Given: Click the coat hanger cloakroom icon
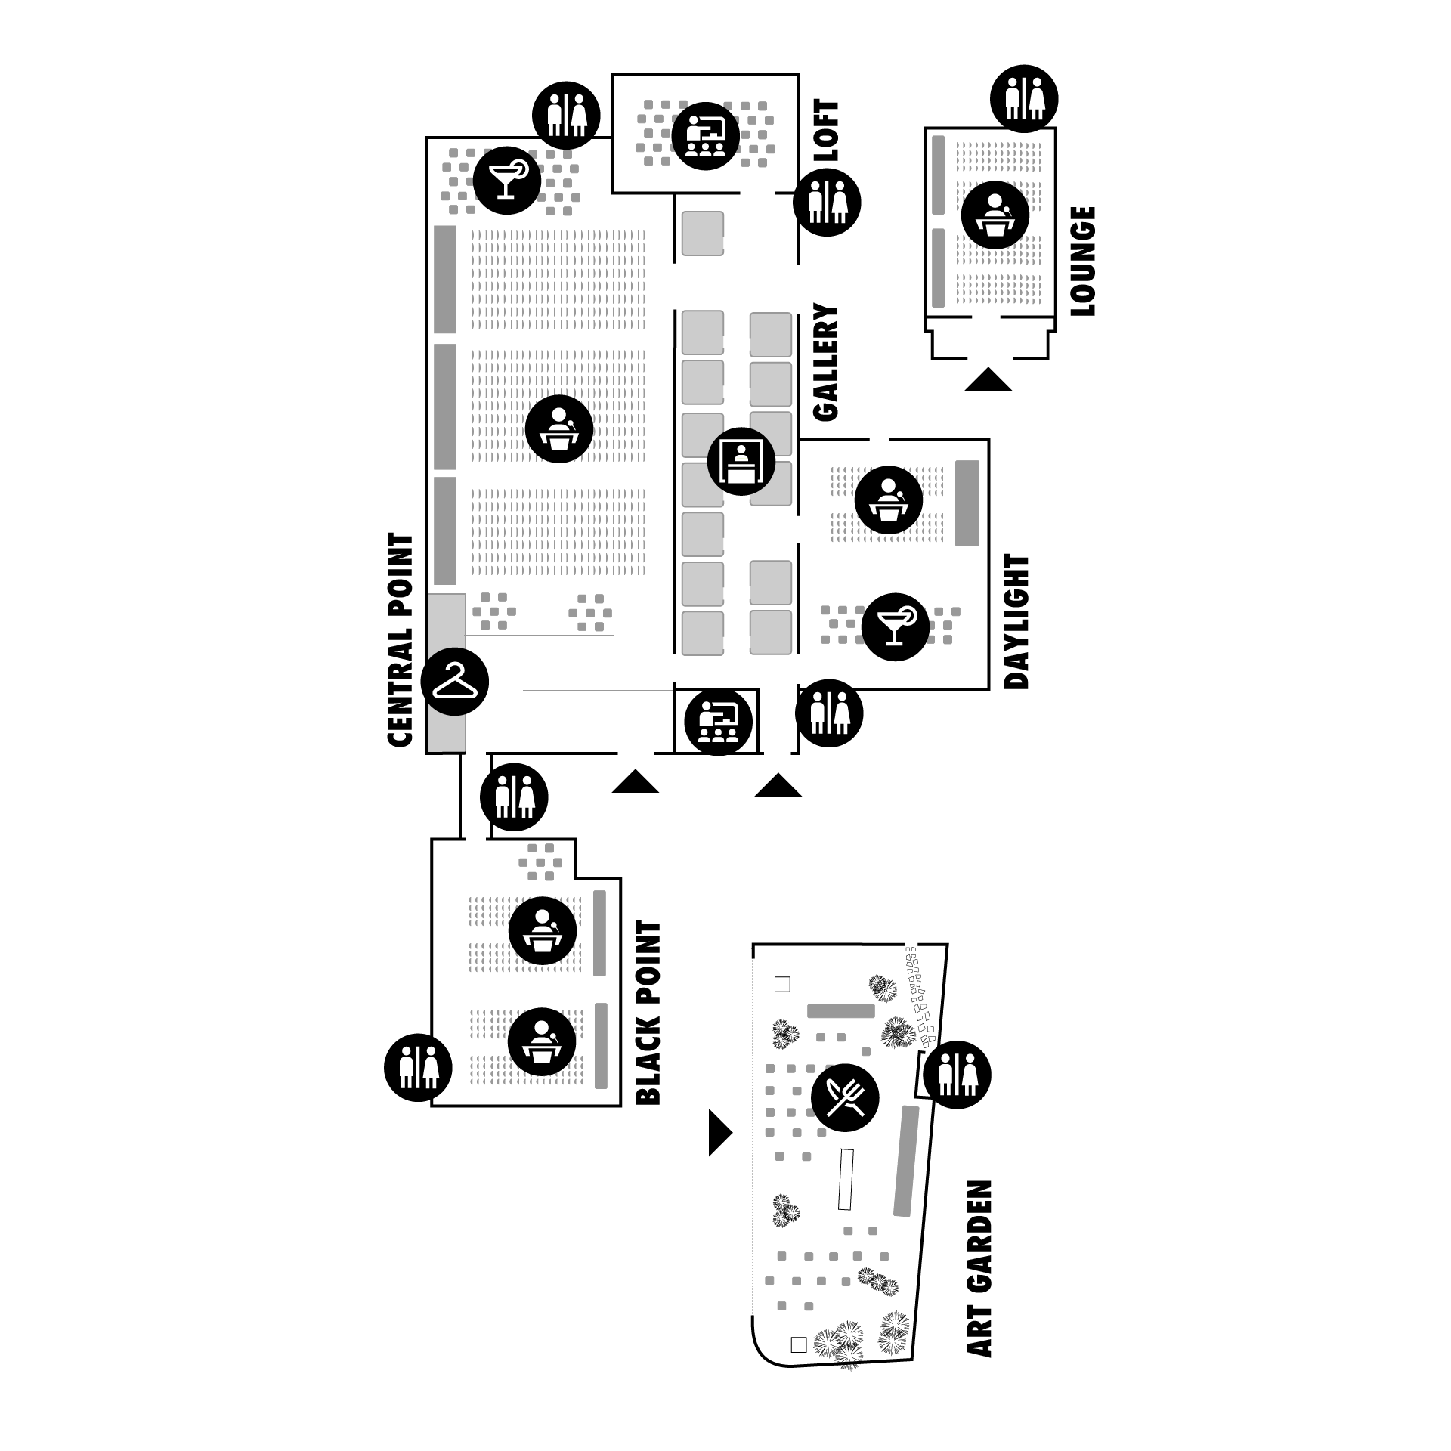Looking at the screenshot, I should [455, 681].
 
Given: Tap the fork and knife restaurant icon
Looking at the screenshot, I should [846, 1097].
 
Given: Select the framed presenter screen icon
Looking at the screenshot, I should [741, 461].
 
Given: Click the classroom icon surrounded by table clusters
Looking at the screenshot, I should [705, 136].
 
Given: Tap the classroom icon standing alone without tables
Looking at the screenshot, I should [718, 722].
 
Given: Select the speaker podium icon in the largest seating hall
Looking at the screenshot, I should [558, 429].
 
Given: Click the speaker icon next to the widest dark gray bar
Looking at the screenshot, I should [888, 500].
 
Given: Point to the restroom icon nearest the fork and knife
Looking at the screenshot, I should [958, 1074].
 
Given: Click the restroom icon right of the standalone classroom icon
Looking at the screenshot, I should [830, 713].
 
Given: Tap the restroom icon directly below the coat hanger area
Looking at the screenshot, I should [515, 797].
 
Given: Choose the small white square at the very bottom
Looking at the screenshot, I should [799, 1344].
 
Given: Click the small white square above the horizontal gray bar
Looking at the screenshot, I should [782, 984].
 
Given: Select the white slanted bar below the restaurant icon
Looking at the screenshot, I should [846, 1179].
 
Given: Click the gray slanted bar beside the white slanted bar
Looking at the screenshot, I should [906, 1161].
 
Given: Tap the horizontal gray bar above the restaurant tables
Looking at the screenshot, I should [840, 1011].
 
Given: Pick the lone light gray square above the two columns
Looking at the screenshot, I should [702, 234].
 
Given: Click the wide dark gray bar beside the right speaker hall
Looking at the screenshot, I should [967, 503].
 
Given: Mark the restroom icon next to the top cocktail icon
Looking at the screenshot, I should [567, 115].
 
